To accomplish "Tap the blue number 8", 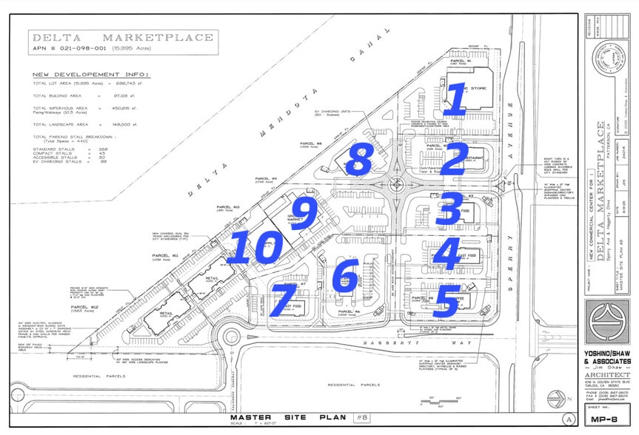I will click(359, 159).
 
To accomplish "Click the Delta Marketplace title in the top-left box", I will click(122, 38).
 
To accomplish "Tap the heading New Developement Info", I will click(90, 75).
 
